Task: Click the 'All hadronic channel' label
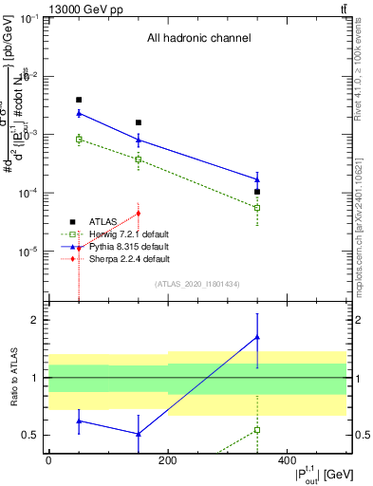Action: click(x=198, y=39)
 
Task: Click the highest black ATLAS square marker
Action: click(x=79, y=100)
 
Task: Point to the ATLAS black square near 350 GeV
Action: click(x=257, y=192)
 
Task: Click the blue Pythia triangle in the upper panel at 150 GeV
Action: click(x=139, y=140)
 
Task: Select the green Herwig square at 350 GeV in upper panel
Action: click(x=257, y=207)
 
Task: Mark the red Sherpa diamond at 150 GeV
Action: click(x=139, y=213)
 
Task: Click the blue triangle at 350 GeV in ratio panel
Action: click(x=257, y=337)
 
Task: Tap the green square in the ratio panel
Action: click(x=257, y=430)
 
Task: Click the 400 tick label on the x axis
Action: click(x=287, y=461)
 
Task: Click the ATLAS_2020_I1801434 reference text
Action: click(x=197, y=284)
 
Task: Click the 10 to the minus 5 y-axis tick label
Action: click(x=27, y=252)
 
